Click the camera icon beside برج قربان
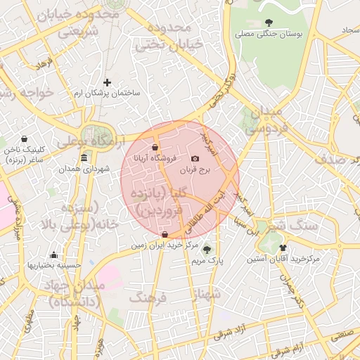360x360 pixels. (x=195, y=160)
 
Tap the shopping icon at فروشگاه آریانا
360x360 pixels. (x=154, y=147)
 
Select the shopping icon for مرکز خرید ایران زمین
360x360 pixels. (x=165, y=235)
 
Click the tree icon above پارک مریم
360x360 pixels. (x=206, y=249)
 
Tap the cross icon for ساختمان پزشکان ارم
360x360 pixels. (x=107, y=82)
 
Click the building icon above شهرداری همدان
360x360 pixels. (x=84, y=157)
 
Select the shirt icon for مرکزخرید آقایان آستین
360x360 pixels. (x=283, y=247)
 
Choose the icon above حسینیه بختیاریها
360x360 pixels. (x=54, y=255)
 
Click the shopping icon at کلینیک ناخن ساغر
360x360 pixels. (x=25, y=139)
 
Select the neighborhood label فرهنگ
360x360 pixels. (x=148, y=298)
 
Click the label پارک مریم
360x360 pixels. (x=207, y=260)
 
